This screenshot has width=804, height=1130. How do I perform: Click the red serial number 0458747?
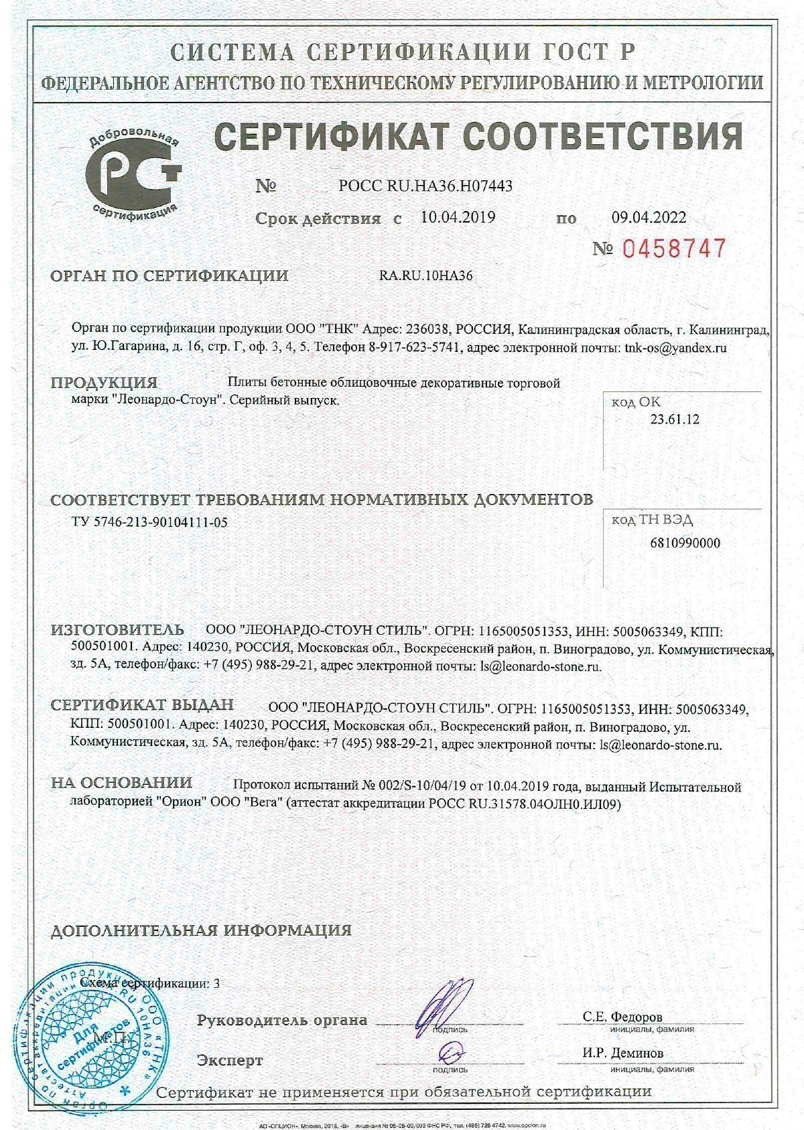point(674,249)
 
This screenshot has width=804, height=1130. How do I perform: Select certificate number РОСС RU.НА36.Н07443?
point(425,186)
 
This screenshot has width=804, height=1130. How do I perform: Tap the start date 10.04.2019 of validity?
point(458,217)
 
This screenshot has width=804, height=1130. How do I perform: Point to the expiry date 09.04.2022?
point(649,217)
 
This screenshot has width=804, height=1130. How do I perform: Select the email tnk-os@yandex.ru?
point(675,348)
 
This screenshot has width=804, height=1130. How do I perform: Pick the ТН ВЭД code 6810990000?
point(685,543)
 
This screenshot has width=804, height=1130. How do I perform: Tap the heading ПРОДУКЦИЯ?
point(105,383)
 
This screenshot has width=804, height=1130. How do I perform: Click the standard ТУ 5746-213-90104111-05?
point(149,522)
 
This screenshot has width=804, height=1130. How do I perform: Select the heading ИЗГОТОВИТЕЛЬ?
point(118,630)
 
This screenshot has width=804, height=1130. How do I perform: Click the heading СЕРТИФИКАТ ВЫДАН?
point(143,705)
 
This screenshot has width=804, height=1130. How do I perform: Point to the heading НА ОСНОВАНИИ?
point(122,783)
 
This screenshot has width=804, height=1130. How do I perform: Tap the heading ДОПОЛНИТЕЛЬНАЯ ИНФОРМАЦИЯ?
point(201,930)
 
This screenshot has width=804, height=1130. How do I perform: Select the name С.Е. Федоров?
point(622,1016)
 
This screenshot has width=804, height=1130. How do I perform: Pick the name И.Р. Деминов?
point(623,1052)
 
